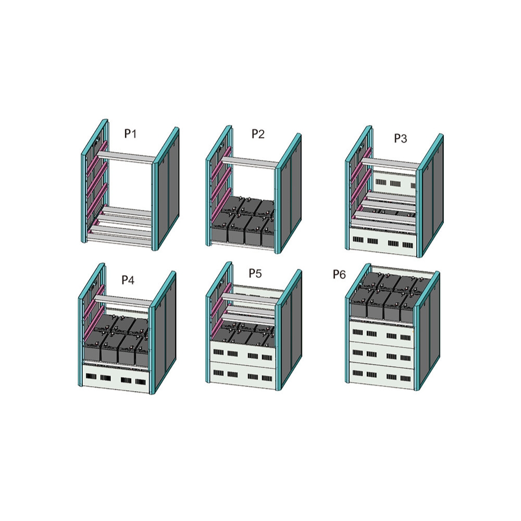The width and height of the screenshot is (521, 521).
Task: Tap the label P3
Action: point(400,138)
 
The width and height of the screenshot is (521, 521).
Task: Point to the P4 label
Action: point(128,280)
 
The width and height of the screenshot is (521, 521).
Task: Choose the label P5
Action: point(255,273)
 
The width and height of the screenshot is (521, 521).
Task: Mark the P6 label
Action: point(339,275)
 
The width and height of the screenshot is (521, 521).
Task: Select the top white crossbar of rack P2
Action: point(249,162)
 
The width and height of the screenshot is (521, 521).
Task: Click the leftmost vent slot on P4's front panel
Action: point(91,377)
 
